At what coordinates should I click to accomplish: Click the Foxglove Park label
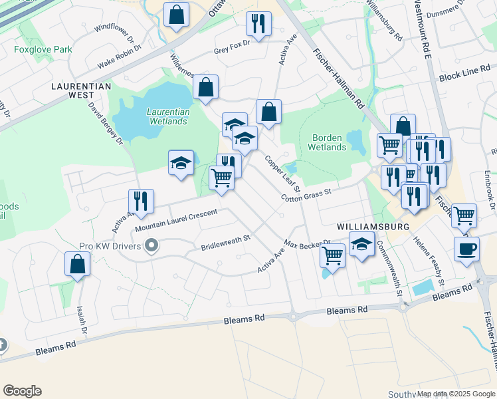click(x=43, y=49)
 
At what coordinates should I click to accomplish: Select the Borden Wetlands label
click(x=329, y=142)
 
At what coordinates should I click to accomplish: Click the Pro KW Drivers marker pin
click(x=151, y=247)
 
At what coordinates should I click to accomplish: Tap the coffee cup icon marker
click(x=466, y=249)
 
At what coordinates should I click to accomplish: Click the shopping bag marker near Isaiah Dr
click(x=78, y=263)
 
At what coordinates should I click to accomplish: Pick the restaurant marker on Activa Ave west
click(x=141, y=201)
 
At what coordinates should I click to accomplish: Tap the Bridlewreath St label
click(x=225, y=242)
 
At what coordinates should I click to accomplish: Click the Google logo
click(x=22, y=391)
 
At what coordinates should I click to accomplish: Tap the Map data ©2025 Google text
click(x=456, y=394)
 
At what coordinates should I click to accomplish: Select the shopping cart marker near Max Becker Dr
click(x=332, y=255)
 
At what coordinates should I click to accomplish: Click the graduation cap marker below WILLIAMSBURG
click(x=361, y=245)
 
